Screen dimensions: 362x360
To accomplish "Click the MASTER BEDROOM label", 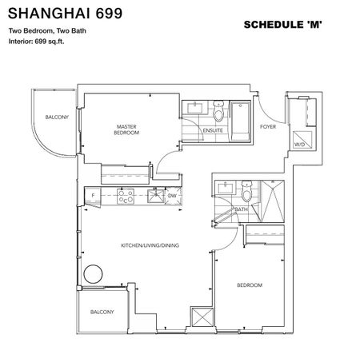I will click(x=127, y=129).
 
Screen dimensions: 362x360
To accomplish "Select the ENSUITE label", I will click(x=213, y=129).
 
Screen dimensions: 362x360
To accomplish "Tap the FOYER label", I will click(x=267, y=125).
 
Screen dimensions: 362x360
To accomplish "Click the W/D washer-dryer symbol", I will click(x=299, y=145).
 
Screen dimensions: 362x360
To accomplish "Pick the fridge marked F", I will click(x=94, y=194).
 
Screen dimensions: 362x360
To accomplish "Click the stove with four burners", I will click(x=126, y=194).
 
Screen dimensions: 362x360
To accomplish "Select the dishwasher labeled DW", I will click(x=172, y=194).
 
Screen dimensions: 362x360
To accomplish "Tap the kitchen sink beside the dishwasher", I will click(x=150, y=194).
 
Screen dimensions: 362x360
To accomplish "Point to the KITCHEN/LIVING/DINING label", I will click(x=150, y=245).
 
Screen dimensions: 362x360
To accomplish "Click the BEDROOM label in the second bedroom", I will click(x=249, y=285).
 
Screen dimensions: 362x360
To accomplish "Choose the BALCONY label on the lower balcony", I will click(x=101, y=311).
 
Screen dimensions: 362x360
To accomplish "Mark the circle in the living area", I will click(x=94, y=274).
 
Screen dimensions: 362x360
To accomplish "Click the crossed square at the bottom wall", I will click(x=201, y=316).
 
